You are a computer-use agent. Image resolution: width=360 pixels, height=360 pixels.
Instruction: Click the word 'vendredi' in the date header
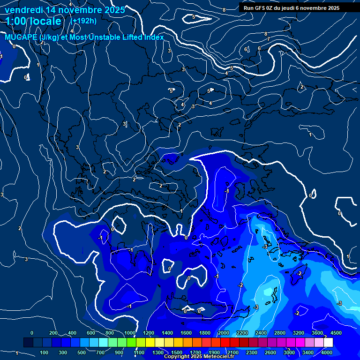tap(23, 10)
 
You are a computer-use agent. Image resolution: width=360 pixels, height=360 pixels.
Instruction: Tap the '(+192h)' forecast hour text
tap(83, 21)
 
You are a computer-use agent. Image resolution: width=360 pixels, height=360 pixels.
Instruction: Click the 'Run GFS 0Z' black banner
tap(291, 7)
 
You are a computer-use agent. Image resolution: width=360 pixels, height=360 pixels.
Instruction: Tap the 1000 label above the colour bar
tap(130, 333)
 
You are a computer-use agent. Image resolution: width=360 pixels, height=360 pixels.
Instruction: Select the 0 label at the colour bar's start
tap(32, 333)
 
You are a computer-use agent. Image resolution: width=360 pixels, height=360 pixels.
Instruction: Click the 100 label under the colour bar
tap(44, 352)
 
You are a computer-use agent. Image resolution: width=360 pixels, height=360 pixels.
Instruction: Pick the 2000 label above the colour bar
tap(224, 333)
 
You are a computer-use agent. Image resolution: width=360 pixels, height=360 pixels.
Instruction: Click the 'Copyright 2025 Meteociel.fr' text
tap(199, 357)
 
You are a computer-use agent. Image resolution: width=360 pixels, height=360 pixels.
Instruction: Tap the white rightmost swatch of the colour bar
tap(328, 343)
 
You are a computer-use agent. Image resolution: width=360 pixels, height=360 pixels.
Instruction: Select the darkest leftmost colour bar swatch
tap(28, 343)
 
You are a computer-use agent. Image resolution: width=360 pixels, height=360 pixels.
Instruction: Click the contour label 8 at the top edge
tap(224, 10)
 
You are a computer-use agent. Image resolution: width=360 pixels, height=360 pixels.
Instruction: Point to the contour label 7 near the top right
tap(269, 39)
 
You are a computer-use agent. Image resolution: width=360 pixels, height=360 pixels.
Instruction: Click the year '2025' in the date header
tap(114, 10)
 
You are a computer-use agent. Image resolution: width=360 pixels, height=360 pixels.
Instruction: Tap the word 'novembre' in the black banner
tap(311, 7)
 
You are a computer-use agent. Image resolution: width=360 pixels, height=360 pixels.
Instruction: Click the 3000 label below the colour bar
tap(289, 352)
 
